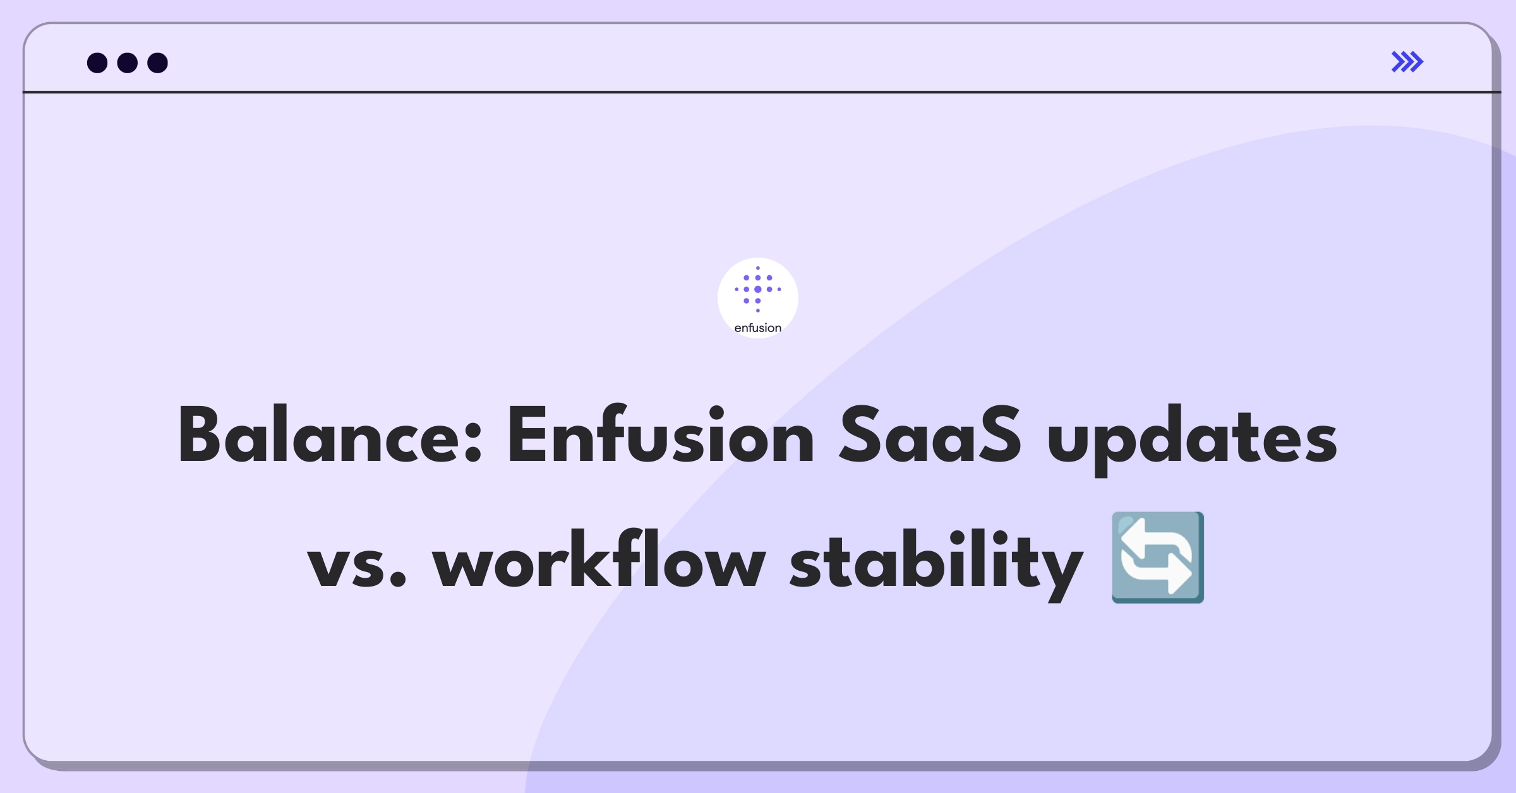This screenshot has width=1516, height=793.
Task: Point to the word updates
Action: tap(1192, 440)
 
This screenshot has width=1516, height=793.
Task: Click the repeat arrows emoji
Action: tap(1158, 557)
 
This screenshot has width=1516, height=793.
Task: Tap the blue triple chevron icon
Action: tap(1407, 62)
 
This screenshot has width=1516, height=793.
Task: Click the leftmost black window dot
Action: tap(97, 63)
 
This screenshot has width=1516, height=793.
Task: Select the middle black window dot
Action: tap(128, 63)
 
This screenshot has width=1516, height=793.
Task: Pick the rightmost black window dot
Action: tap(158, 63)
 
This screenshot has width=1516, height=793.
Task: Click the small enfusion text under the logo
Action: tap(758, 328)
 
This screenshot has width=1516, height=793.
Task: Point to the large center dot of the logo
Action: tap(758, 289)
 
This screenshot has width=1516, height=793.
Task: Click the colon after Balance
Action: tap(474, 446)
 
